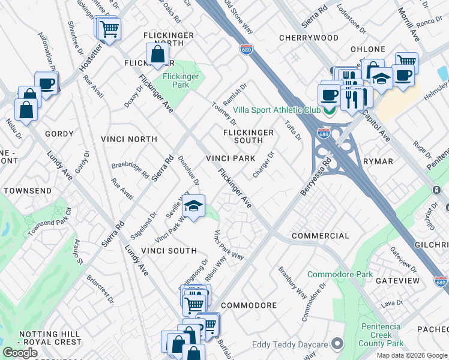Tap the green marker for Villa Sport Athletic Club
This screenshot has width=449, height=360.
tap(330, 110)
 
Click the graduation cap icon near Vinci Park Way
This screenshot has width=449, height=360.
tap(193, 207)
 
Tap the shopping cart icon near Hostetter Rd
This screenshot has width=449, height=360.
tap(109, 28)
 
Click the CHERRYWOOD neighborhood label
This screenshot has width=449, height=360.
tap(309, 38)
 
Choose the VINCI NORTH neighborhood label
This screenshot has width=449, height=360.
tap(130, 139)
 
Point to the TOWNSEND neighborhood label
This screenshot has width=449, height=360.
tap(25, 190)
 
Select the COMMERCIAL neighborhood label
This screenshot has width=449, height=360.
tap(320, 236)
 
